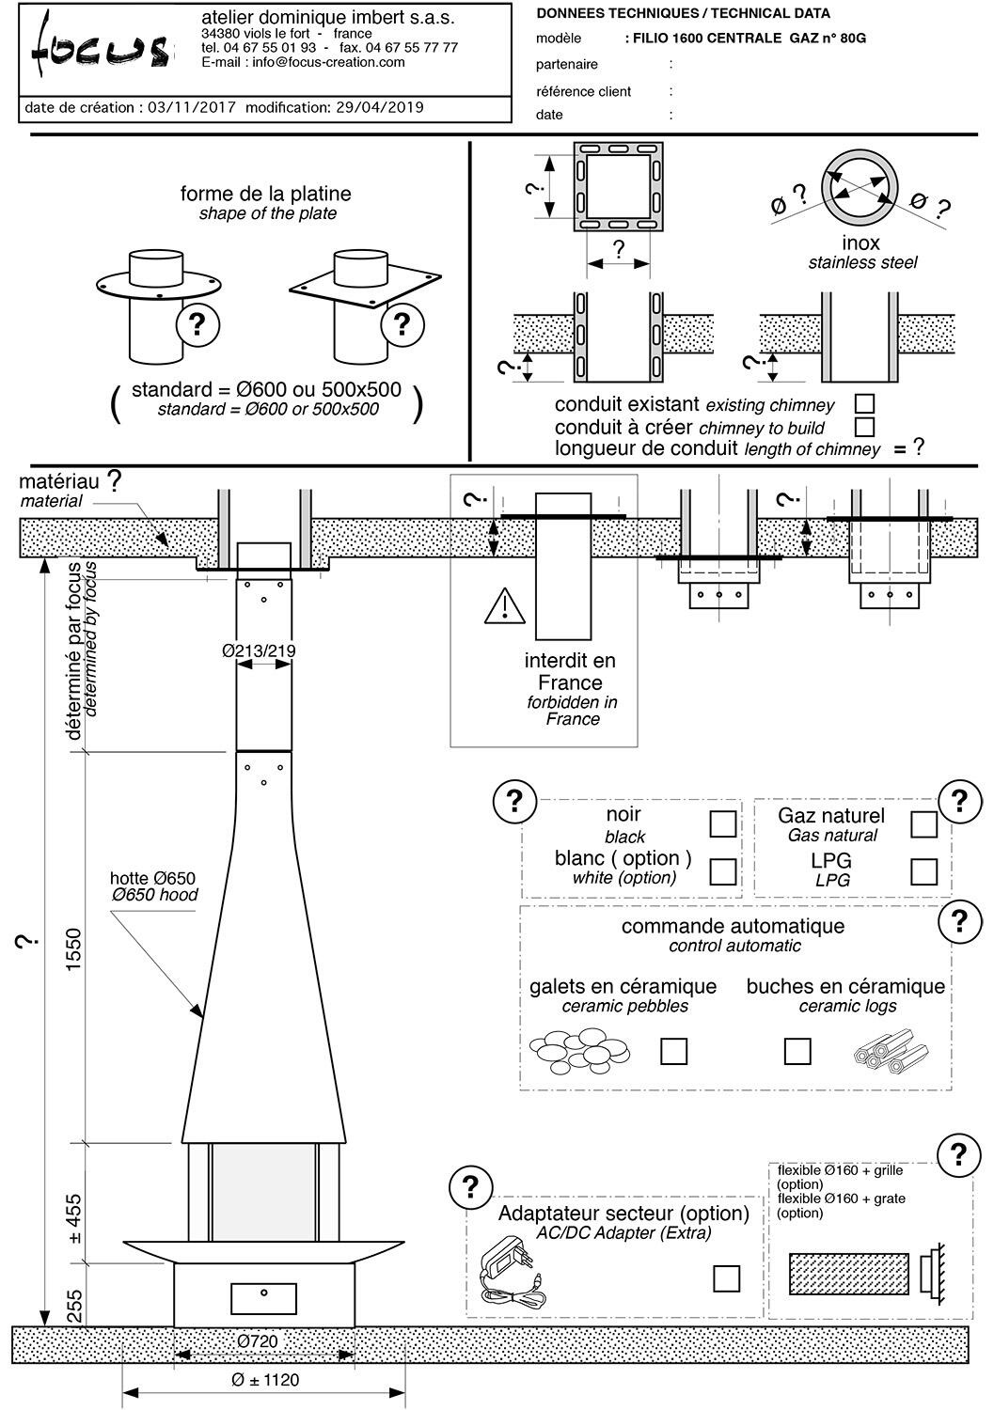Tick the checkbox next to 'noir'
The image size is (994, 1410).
722,823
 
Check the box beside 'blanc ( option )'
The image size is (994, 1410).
722,870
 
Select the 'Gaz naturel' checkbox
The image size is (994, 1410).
923,824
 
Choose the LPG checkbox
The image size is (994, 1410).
923,871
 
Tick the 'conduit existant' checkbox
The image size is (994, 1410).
864,403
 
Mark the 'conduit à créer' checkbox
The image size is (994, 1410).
864,427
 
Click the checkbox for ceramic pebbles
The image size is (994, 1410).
673,1051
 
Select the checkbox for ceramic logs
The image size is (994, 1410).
797,1051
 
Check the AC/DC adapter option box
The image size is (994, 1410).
726,1278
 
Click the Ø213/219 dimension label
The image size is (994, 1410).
259,650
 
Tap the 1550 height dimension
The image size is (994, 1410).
76,949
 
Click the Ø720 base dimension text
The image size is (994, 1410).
257,1341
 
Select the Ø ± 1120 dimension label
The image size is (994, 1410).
265,1380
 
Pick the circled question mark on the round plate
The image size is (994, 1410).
197,324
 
